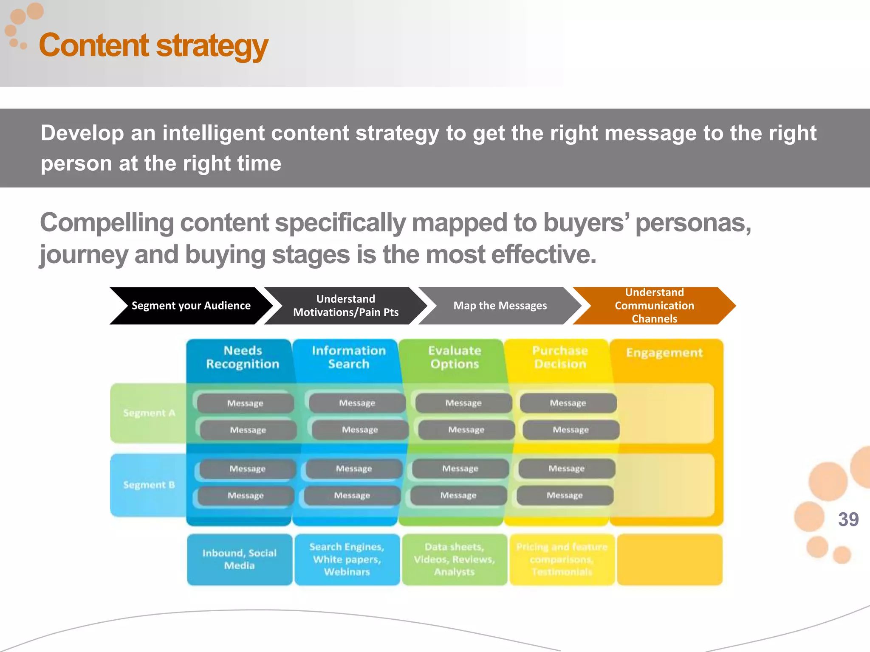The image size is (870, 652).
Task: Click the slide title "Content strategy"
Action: tap(153, 46)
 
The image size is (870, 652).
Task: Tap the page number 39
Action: tap(848, 519)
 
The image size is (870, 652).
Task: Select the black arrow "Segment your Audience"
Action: tap(191, 306)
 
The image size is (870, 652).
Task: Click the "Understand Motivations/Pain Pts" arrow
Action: tap(345, 306)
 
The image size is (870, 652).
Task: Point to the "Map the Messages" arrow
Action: tap(500, 306)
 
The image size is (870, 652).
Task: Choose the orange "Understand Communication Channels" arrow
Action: tap(654, 306)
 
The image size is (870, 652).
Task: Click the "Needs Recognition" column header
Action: tap(243, 357)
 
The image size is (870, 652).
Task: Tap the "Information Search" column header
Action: tap(348, 357)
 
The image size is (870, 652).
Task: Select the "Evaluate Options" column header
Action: tap(455, 357)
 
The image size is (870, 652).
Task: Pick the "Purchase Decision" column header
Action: tap(560, 357)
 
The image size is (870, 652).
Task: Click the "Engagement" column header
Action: tap(664, 353)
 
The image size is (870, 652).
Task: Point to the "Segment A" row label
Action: tap(149, 413)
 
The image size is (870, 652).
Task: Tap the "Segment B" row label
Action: tap(149, 485)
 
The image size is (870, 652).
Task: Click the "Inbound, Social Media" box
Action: tap(240, 559)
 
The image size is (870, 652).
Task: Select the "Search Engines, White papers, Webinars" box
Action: tap(347, 559)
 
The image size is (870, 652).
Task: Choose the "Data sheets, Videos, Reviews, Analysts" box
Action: tap(454, 559)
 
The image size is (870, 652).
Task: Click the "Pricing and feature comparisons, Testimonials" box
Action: tap(562, 559)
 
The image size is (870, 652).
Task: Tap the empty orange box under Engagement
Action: tap(669, 559)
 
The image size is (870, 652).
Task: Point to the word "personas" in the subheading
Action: tap(692, 223)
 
